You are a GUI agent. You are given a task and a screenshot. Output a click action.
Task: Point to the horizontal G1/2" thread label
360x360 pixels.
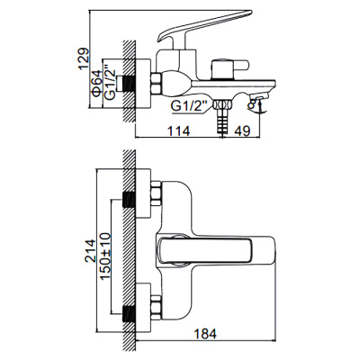coord(190,105)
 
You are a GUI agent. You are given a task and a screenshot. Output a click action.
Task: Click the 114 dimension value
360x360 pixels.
coord(180,128)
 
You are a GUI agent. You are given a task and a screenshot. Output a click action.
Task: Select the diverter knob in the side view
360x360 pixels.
coord(221,69)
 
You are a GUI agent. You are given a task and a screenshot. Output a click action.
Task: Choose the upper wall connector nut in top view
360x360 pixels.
coord(153,194)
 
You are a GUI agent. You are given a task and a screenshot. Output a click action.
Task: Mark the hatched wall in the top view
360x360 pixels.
coord(130,252)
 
